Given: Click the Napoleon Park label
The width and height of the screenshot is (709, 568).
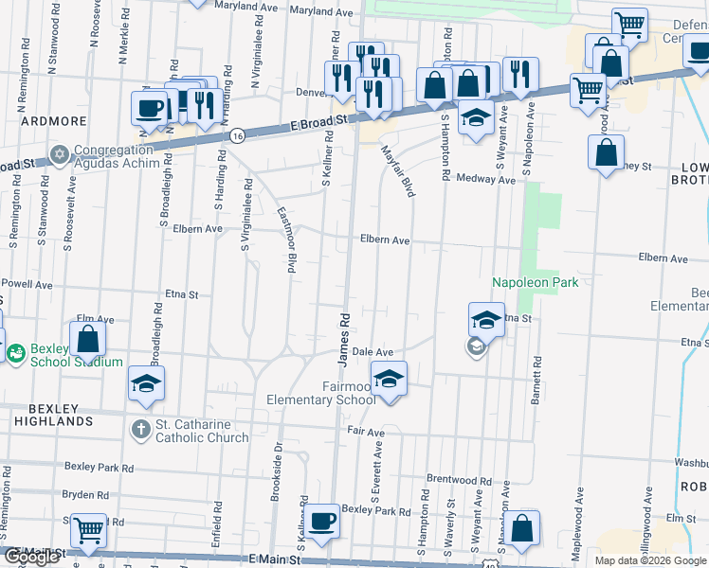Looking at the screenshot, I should coord(535,282).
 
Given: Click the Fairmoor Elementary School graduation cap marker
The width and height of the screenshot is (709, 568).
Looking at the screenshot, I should coord(388,379).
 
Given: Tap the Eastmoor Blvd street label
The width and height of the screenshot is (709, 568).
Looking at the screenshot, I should coord(285,241).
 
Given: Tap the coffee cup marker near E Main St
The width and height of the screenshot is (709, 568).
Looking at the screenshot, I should coord(321,520).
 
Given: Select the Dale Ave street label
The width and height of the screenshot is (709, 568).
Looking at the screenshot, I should coord(373,351).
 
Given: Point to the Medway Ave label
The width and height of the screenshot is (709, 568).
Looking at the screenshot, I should coord(485,178).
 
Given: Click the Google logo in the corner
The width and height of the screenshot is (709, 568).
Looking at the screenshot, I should coord(32,557).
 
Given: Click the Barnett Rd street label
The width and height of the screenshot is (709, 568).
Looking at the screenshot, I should coord(536,380).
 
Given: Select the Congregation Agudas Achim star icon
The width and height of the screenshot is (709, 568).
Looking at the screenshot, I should coord(60,154).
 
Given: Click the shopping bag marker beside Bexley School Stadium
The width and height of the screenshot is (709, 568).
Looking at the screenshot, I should coord(87,339).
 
